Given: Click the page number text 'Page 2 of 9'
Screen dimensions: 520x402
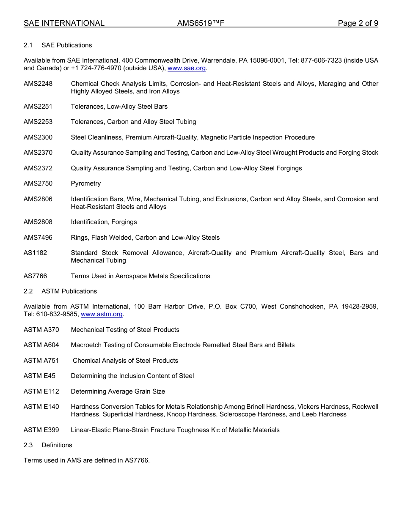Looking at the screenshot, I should click(358, 23).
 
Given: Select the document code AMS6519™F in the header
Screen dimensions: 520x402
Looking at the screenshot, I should click(201, 23).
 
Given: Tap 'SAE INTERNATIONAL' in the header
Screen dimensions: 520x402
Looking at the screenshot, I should click(64, 23).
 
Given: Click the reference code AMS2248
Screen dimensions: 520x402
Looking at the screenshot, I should click(38, 84).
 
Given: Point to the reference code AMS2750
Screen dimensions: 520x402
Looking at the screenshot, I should click(38, 183).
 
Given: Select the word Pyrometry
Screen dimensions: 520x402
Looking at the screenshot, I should click(86, 183).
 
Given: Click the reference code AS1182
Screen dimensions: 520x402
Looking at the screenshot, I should click(36, 253).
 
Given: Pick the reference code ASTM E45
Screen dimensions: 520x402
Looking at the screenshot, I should click(39, 376).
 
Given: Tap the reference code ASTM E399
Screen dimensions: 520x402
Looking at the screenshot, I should click(41, 430).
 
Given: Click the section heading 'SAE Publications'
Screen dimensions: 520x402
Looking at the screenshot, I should click(66, 45).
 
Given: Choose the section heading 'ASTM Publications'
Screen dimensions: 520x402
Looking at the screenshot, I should click(69, 291).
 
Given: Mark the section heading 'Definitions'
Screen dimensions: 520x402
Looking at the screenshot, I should click(57, 445).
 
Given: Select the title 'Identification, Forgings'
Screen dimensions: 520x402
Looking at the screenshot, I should click(104, 222).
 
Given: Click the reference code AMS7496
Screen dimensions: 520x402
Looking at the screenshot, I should click(38, 238).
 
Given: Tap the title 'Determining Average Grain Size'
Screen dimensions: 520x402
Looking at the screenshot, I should click(118, 391).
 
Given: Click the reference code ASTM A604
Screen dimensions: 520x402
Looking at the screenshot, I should click(41, 345).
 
